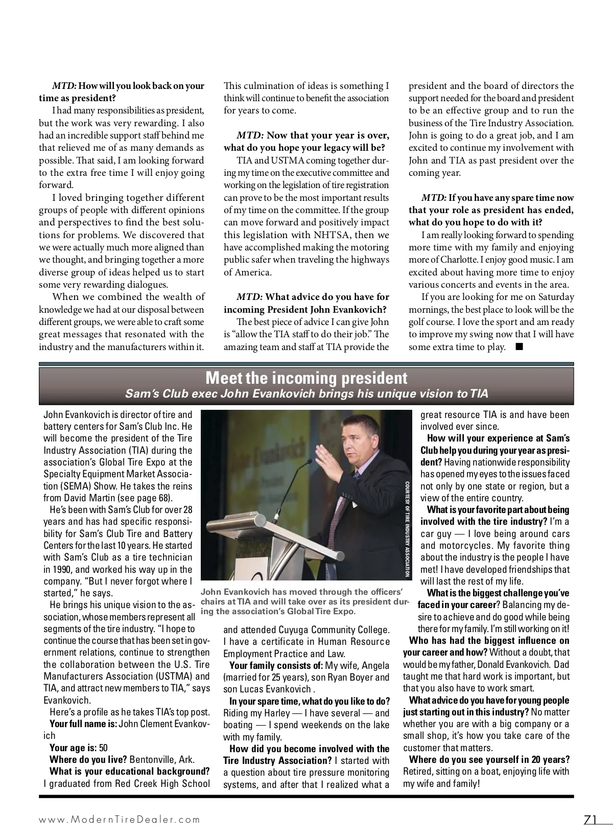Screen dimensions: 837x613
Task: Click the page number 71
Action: tap(591, 819)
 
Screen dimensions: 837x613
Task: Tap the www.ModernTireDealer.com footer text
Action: tap(120, 819)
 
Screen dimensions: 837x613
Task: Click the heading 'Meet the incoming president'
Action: tap(306, 378)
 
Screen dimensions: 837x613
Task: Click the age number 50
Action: tap(103, 748)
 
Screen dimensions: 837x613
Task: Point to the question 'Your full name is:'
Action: tap(83, 724)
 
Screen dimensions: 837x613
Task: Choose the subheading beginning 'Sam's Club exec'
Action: tap(306, 394)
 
